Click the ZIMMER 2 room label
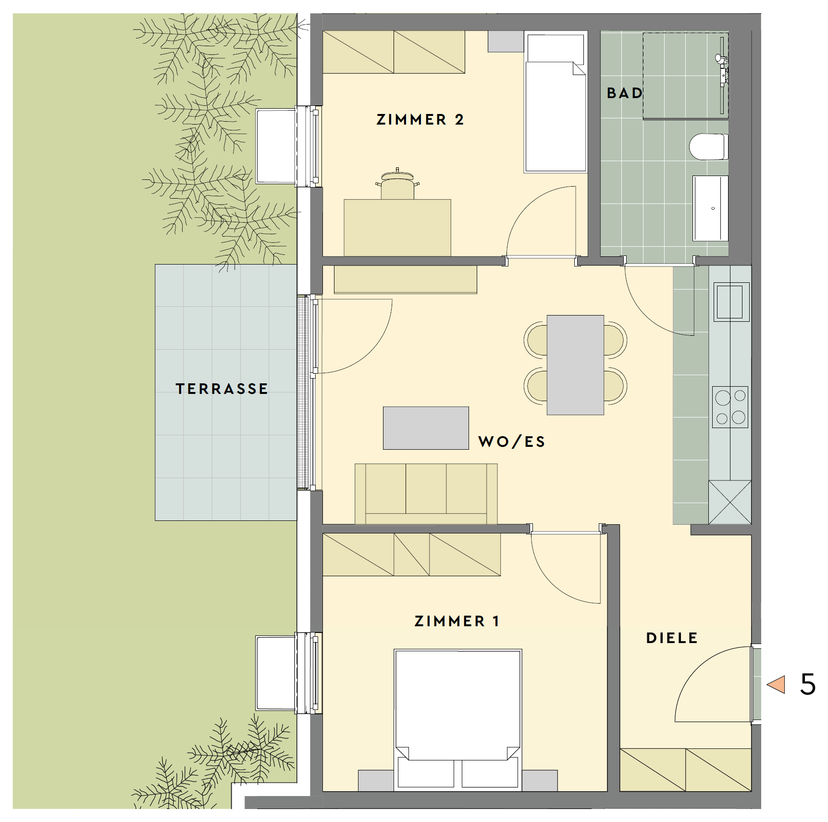(x=420, y=119)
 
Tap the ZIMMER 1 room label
(x=457, y=621)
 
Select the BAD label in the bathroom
(x=625, y=93)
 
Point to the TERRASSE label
(x=222, y=389)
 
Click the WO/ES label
(x=512, y=442)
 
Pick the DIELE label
(x=672, y=638)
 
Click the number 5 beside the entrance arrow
(x=808, y=684)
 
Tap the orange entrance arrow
(x=776, y=684)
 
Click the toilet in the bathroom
(x=709, y=147)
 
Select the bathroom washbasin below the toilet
(x=710, y=208)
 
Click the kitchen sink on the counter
(x=730, y=302)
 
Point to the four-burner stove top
(x=730, y=407)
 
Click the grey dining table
(x=575, y=365)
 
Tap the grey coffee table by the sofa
(x=426, y=428)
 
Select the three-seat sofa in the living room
(x=426, y=494)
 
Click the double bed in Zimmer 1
(x=458, y=720)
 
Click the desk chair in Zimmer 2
(x=397, y=184)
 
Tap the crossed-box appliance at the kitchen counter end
(x=730, y=502)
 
